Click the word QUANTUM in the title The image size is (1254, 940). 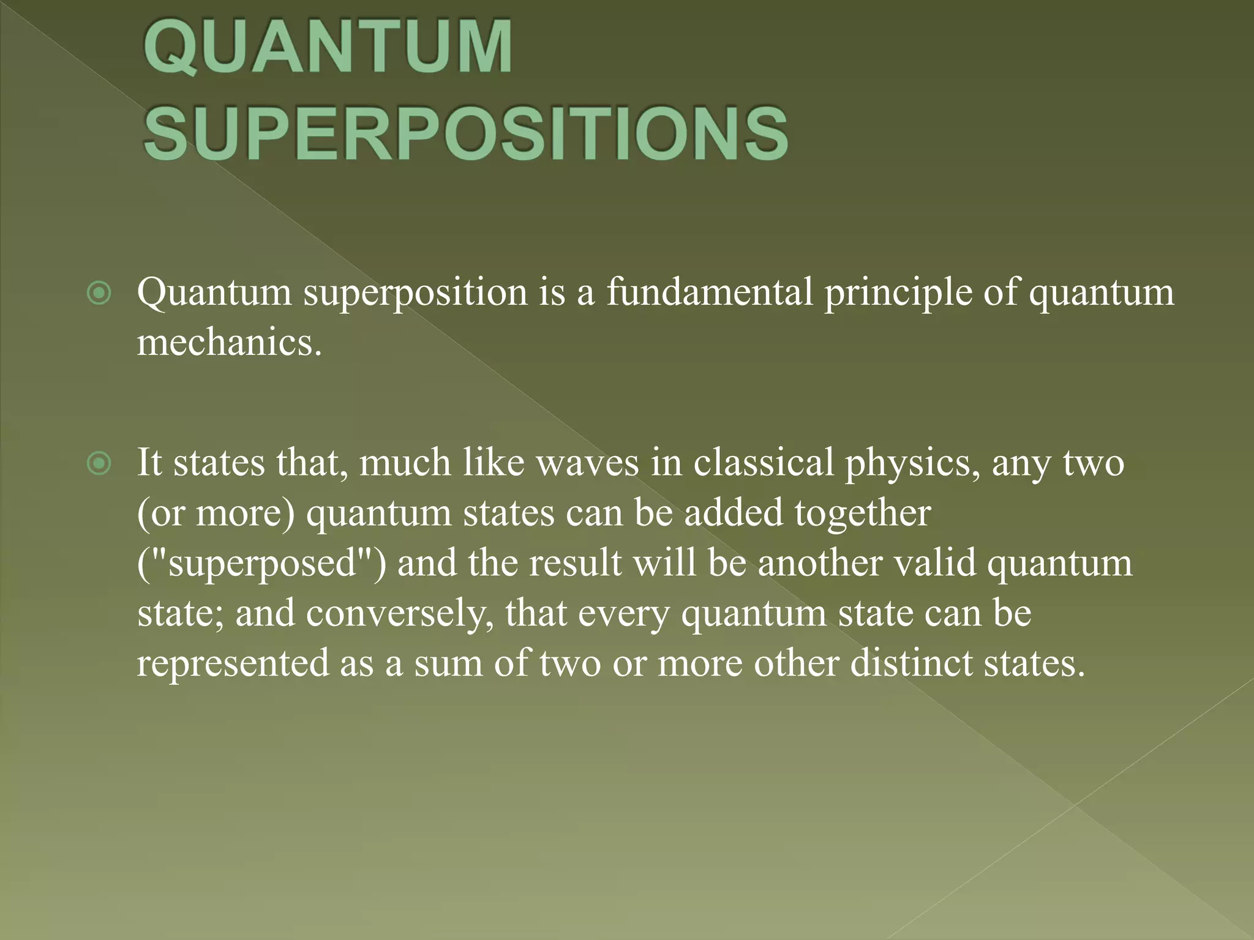coord(328,48)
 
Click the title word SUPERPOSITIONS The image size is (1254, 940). coord(465,134)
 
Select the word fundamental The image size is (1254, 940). coord(710,292)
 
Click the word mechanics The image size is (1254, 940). coord(228,343)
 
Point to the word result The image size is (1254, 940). coord(576,563)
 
